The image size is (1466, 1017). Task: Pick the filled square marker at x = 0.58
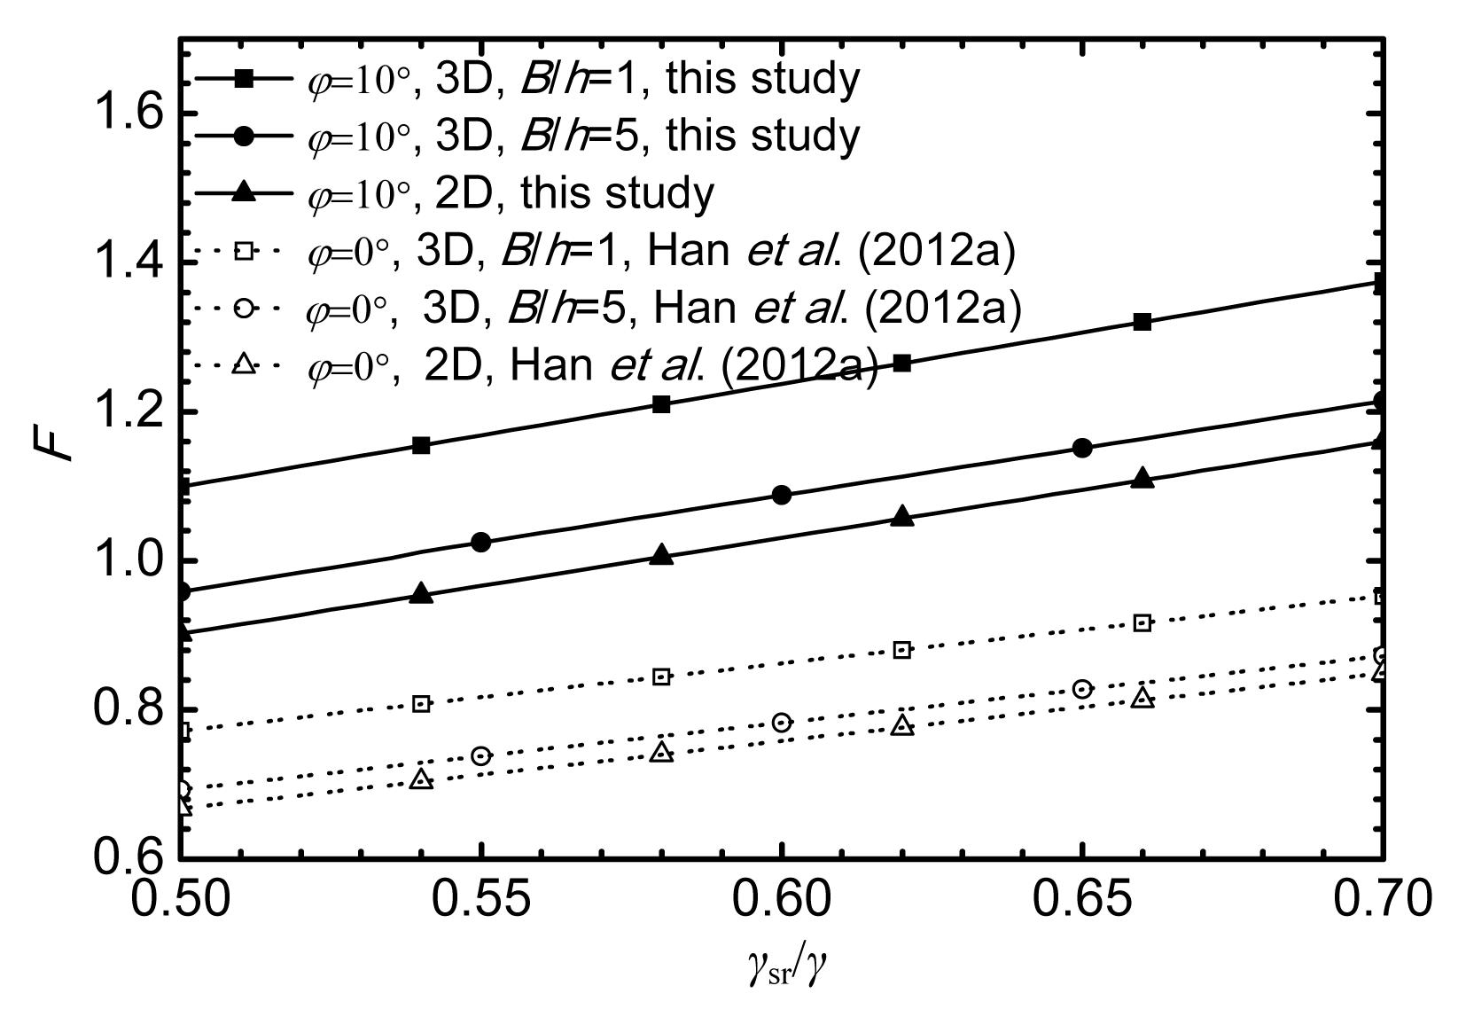[x=661, y=404]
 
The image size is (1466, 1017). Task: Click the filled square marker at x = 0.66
[x=1142, y=322]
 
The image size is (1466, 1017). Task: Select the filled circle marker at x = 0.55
[x=481, y=543]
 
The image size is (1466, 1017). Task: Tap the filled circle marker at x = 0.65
[x=1082, y=448]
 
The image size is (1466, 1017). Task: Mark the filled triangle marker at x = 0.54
[x=422, y=594]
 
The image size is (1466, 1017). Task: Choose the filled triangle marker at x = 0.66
[x=1142, y=479]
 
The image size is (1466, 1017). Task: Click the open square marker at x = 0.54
[x=422, y=704]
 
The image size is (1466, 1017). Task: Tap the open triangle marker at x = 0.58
[x=661, y=753]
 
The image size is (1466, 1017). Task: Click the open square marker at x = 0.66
[x=1142, y=622]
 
